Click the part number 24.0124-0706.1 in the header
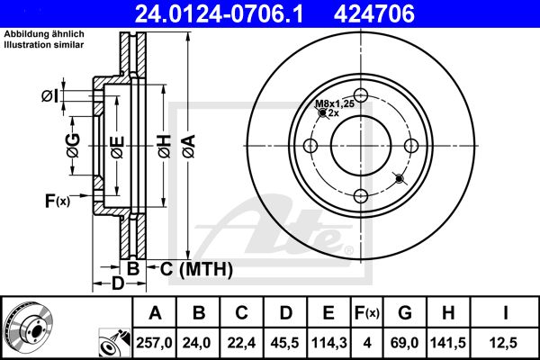(219, 13)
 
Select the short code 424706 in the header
(374, 13)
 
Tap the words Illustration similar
(44, 45)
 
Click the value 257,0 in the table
(154, 343)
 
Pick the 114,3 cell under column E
(328, 343)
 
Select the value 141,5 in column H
(448, 343)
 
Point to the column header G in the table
(405, 313)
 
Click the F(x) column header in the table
(367, 313)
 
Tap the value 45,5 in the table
(284, 343)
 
